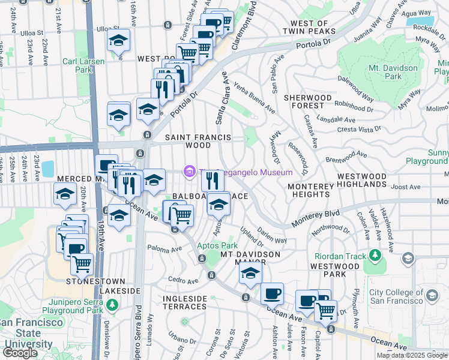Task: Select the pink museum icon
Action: click(x=190, y=172)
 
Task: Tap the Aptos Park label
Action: click(x=217, y=246)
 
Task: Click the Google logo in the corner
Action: click(x=20, y=353)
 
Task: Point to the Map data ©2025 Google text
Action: click(x=412, y=355)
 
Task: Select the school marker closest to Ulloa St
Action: click(x=119, y=41)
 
